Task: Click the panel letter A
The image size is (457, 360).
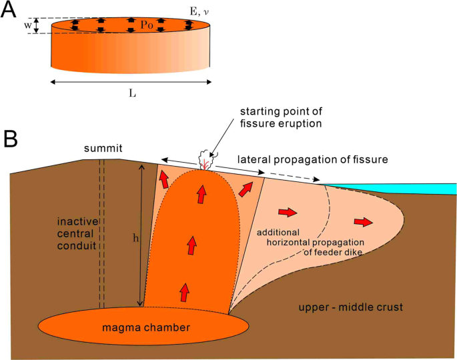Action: click(x=11, y=12)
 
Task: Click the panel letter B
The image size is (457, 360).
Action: click(x=11, y=139)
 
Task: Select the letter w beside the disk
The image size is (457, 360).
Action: click(x=27, y=25)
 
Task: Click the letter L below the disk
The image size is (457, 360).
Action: click(x=133, y=94)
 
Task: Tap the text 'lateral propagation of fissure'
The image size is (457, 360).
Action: click(x=313, y=159)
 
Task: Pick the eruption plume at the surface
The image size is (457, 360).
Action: click(x=205, y=160)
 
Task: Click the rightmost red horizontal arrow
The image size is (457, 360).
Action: click(x=364, y=221)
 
